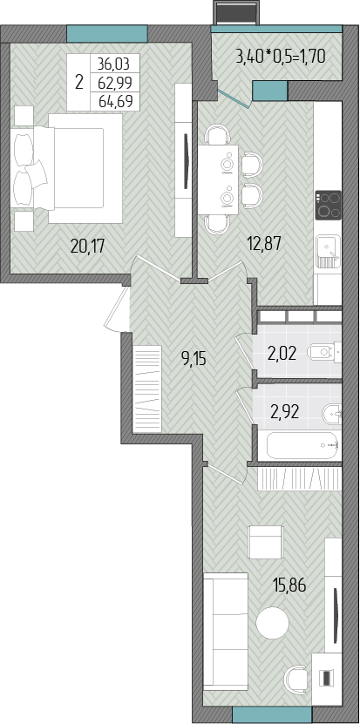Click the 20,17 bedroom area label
[88, 246]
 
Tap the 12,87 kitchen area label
[263, 242]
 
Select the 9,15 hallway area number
[193, 359]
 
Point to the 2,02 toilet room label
[281, 354]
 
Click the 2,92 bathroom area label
[285, 411]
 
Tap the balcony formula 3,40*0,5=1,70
[281, 57]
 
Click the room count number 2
[79, 82]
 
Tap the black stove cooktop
[328, 205]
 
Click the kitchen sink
[328, 252]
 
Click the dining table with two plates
[218, 180]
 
